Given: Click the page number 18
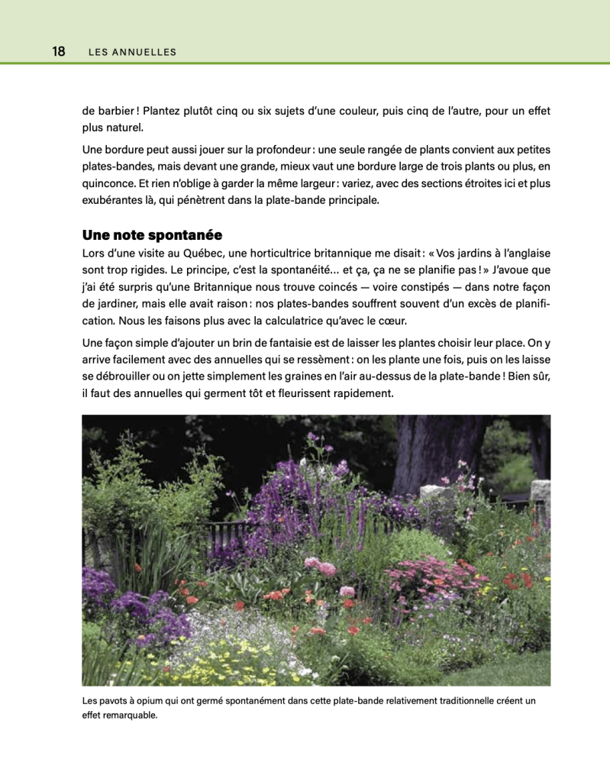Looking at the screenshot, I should point(59,52).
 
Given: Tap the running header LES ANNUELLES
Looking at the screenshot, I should point(132,53).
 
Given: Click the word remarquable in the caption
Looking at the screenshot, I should point(131,716).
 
